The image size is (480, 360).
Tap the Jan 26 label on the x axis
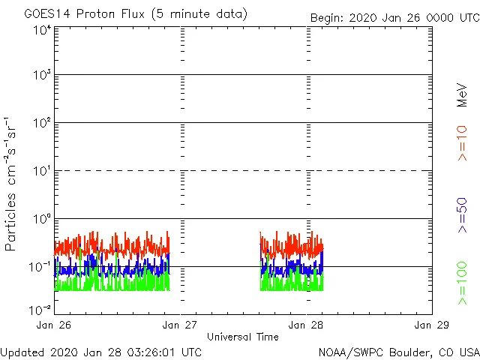click(55, 325)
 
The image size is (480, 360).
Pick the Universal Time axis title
click(242, 337)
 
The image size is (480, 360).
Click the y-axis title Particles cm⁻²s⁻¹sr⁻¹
click(11, 183)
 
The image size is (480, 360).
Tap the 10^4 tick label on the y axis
click(42, 31)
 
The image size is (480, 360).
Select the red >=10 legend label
click(463, 143)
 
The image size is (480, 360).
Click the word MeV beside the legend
click(463, 95)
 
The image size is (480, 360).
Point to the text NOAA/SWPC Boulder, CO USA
click(398, 352)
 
